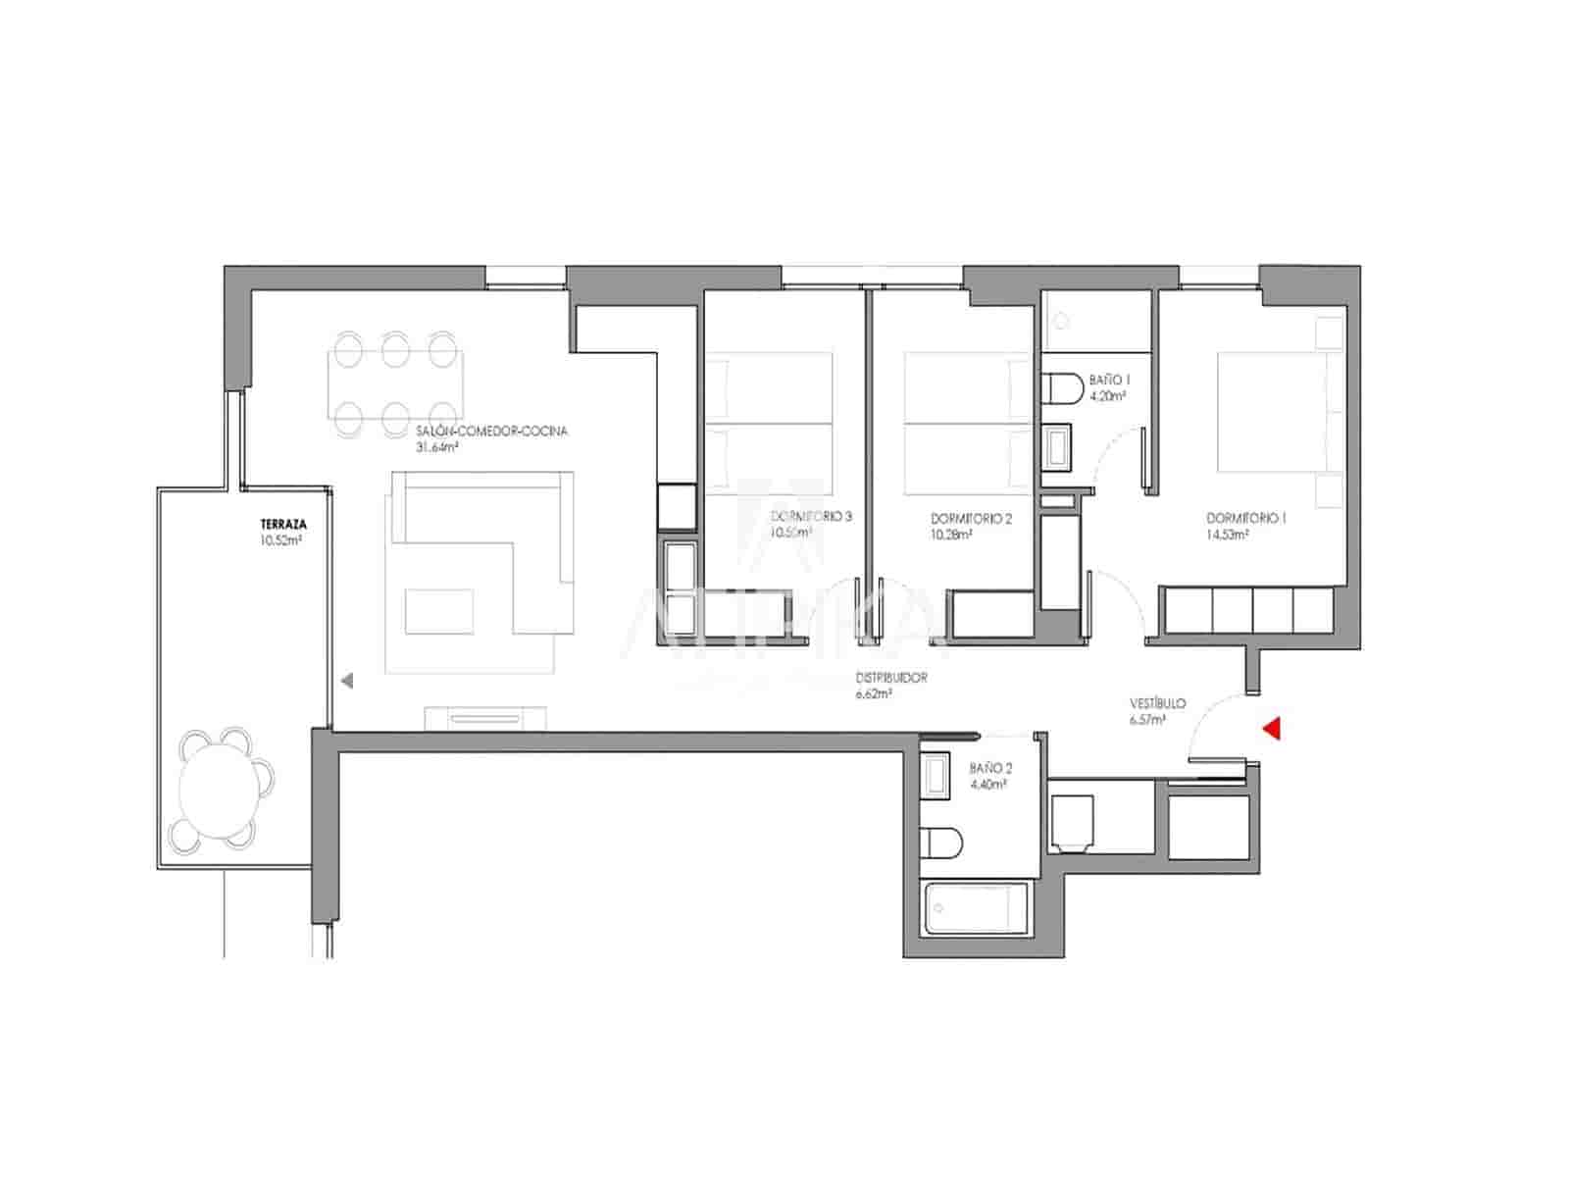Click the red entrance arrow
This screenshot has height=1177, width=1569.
tap(1273, 728)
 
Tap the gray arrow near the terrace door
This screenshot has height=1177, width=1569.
tap(346, 680)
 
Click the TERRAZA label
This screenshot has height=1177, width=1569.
tap(277, 525)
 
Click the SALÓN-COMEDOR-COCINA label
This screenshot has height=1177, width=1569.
tap(491, 431)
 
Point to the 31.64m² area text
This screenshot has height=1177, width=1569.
tap(438, 447)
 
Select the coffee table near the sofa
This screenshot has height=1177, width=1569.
tap(439, 611)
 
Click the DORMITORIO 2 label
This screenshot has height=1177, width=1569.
tap(971, 519)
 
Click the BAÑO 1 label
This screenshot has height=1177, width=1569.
tap(1110, 380)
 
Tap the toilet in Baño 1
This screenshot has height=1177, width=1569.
tap(1059, 388)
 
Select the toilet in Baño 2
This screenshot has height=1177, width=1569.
tap(943, 842)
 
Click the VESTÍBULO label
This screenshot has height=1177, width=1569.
tap(1157, 703)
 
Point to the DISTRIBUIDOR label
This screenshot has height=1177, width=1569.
tap(890, 678)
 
